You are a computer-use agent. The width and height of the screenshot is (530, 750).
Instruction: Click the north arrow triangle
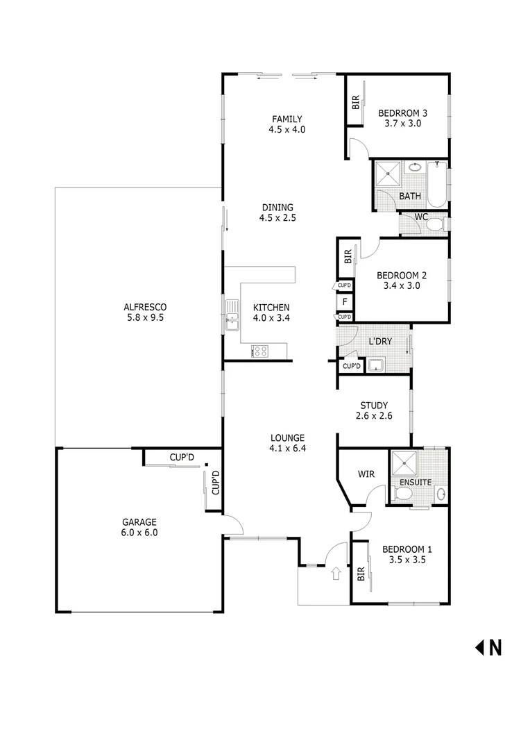pos(479,647)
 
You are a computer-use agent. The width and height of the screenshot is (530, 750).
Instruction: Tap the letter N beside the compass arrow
pos(495,647)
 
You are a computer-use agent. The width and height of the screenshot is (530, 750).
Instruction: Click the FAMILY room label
pos(287,119)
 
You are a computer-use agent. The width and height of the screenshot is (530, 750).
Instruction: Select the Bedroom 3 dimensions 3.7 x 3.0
pos(403,124)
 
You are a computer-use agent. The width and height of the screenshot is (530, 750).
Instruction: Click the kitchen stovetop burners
pos(260,351)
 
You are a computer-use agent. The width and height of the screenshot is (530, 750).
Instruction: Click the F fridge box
pos(345,301)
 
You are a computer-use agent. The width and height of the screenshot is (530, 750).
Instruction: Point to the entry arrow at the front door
pos(336,574)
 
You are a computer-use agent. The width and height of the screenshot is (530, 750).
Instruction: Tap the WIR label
pos(366,475)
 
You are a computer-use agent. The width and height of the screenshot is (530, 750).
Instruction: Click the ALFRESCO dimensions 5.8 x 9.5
pos(145,317)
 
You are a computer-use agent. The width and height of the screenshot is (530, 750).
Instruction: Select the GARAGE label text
pos(139,522)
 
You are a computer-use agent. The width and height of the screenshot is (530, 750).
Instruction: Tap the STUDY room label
pos(373,406)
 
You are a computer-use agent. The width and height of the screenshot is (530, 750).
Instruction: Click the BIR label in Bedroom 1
pos(360,574)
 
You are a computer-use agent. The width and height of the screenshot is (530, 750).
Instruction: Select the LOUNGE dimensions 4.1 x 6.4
pos(287,449)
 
